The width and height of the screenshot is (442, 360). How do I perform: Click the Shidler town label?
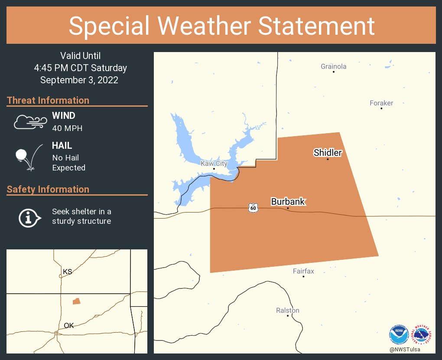tap(328, 153)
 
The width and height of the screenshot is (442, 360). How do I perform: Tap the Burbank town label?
tap(288, 202)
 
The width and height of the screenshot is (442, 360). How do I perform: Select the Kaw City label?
tap(214, 164)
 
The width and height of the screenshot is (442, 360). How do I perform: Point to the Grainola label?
tap(333, 66)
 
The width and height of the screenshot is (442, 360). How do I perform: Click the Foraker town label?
tap(381, 103)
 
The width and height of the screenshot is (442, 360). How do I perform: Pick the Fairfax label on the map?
tap(303, 271)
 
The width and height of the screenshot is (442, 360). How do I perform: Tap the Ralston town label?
tap(288, 311)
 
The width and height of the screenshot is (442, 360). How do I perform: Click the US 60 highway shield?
tap(253, 208)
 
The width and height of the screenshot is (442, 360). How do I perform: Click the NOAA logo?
tap(399, 335)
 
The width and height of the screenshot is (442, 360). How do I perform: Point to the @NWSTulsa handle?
tap(405, 350)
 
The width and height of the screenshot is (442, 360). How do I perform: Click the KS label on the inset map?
tap(67, 272)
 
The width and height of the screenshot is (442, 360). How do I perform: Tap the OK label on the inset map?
tap(68, 325)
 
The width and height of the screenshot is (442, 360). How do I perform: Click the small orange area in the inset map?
tap(76, 301)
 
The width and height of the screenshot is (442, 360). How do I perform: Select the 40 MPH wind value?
tap(67, 128)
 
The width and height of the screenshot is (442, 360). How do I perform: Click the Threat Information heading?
tap(48, 100)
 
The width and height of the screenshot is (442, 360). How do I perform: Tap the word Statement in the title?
tap(316, 26)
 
